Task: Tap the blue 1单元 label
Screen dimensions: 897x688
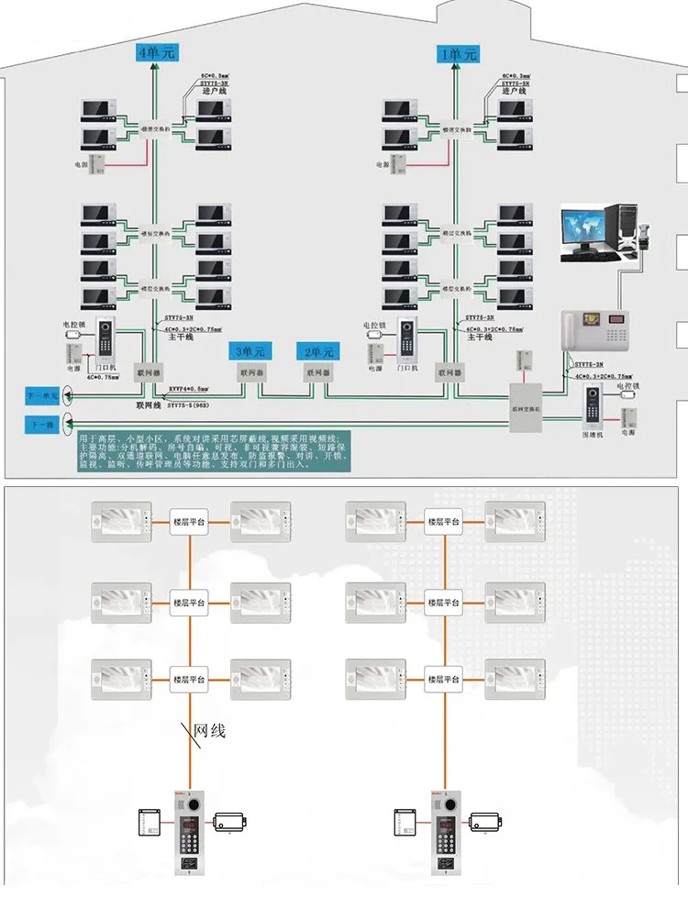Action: coord(458,54)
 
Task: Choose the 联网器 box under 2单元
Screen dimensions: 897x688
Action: coord(318,373)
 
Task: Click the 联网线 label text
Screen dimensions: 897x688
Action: coord(147,404)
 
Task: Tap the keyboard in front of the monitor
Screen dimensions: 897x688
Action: coord(589,258)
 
